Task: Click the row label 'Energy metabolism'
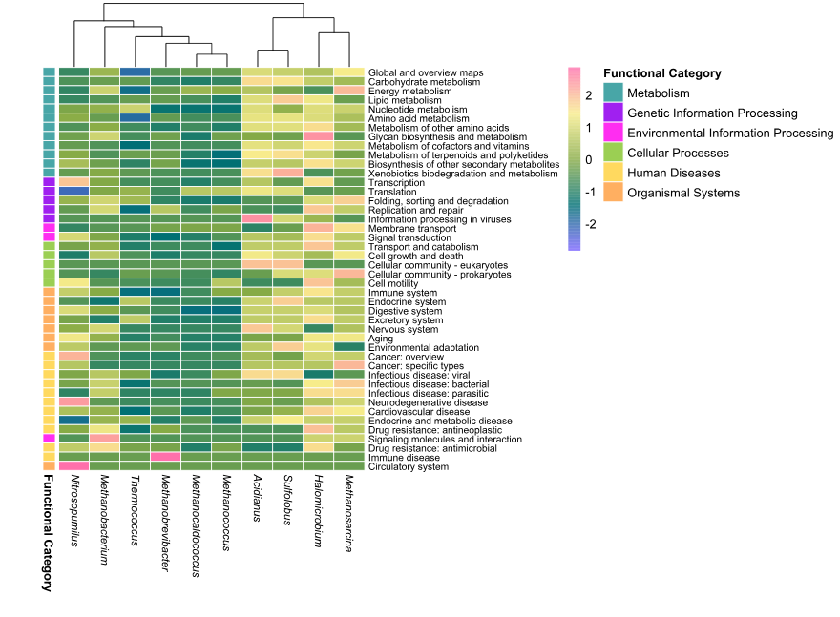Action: (x=409, y=91)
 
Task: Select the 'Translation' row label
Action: (x=392, y=192)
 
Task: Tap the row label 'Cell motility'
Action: (x=393, y=283)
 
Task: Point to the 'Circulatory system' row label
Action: (x=409, y=466)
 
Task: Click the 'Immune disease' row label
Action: (x=404, y=458)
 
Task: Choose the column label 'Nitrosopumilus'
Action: (x=74, y=510)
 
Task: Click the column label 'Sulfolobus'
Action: (x=287, y=500)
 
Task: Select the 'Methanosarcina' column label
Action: (x=348, y=513)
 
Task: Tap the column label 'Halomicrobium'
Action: (x=318, y=510)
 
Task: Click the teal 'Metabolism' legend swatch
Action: (x=613, y=93)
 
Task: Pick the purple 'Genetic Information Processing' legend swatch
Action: (x=613, y=113)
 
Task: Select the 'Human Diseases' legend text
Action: (x=673, y=173)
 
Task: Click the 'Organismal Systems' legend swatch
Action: (x=613, y=192)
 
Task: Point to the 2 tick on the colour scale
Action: (x=589, y=95)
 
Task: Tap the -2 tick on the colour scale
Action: (x=590, y=224)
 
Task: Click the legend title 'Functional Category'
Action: (x=662, y=73)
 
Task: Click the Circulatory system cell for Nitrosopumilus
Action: (x=73, y=466)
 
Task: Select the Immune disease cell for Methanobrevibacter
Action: (x=165, y=457)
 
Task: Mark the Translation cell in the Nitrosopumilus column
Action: (x=73, y=192)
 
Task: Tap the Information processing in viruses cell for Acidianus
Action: (x=257, y=219)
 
